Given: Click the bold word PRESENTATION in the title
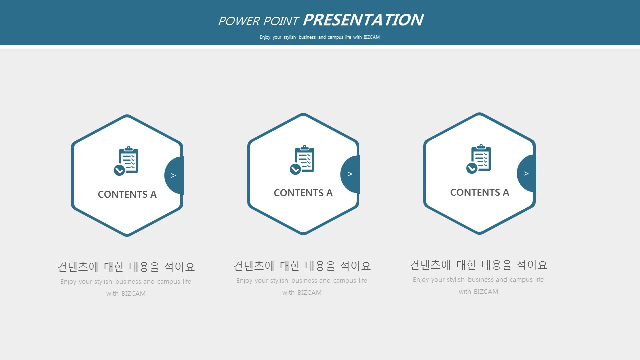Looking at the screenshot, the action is (363, 20).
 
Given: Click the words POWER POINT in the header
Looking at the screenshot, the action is (258, 21).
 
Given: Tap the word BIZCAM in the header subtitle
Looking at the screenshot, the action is (371, 37).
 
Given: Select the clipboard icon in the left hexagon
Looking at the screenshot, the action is (126, 161).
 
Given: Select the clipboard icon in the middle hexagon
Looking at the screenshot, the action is (302, 159).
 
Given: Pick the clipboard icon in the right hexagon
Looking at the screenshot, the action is (479, 159).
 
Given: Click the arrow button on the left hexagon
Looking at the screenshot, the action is (174, 175).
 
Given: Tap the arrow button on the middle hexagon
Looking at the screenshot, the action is (350, 174).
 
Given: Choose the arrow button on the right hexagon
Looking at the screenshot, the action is (526, 173).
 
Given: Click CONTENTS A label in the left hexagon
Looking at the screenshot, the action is (127, 194).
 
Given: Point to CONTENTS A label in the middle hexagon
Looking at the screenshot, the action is (303, 193).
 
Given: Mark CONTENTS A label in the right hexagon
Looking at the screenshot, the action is (480, 192).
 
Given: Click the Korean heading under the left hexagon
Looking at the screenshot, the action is (126, 267).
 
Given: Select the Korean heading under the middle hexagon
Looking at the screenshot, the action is (302, 266).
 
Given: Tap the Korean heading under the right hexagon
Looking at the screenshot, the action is (479, 265).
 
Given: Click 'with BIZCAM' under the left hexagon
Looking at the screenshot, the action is (126, 293).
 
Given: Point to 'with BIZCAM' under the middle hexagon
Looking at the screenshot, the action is (302, 293).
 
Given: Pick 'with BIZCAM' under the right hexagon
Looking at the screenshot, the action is (479, 292).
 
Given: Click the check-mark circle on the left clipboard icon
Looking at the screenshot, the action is (119, 170).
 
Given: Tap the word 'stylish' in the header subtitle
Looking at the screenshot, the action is (290, 37).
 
